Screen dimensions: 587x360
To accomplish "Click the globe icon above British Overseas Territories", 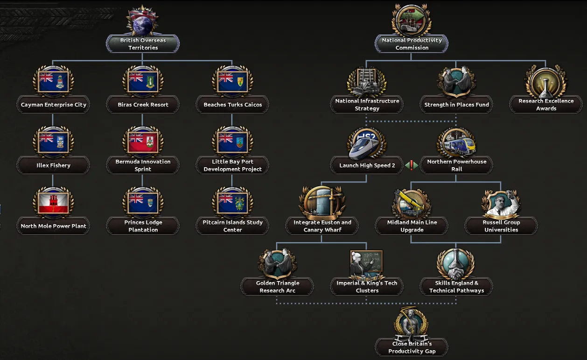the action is pos(143,21).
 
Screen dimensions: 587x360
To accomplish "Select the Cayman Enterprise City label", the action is pos(54,105).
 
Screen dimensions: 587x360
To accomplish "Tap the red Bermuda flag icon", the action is pos(143,142).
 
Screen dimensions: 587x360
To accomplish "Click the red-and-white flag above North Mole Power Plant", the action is pos(54,203).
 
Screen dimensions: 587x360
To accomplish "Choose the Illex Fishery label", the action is pos(54,165).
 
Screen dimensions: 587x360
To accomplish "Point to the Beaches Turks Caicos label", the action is pos(233,105).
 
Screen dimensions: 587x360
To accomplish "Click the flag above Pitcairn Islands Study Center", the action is pos(233,203).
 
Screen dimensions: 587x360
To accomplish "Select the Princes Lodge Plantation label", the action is pos(143,226).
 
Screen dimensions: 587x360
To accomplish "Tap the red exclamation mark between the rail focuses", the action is pos(412,165).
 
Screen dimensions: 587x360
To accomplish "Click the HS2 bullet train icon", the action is pos(366,144).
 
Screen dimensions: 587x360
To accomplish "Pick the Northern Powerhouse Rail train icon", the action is pos(456,143).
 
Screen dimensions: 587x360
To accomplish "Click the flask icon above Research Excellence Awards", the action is pos(546,82).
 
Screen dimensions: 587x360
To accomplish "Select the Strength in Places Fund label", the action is pos(456,105).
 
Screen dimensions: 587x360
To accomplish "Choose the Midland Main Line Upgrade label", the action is pos(412,226).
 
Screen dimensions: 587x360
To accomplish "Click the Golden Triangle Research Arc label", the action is pos(278,287).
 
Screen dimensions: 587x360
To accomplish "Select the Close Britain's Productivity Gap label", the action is pos(412,347).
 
